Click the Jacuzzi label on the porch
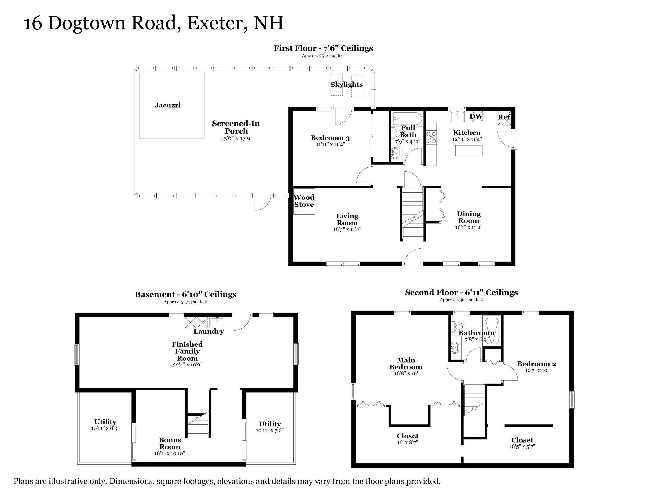pyautogui.click(x=167, y=105)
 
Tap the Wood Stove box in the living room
pyautogui.click(x=304, y=201)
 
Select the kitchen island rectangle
pyautogui.click(x=469, y=151)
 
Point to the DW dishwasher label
pyautogui.click(x=476, y=116)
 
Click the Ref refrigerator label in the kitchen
pyautogui.click(x=504, y=117)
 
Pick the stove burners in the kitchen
pyautogui.click(x=431, y=138)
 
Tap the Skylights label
pyautogui.click(x=347, y=85)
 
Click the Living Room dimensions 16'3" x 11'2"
pyautogui.click(x=347, y=229)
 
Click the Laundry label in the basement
pyautogui.click(x=209, y=331)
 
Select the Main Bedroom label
pyautogui.click(x=406, y=363)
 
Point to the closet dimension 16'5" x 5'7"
pyautogui.click(x=522, y=447)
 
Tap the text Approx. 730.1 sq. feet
pyautogui.click(x=461, y=300)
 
